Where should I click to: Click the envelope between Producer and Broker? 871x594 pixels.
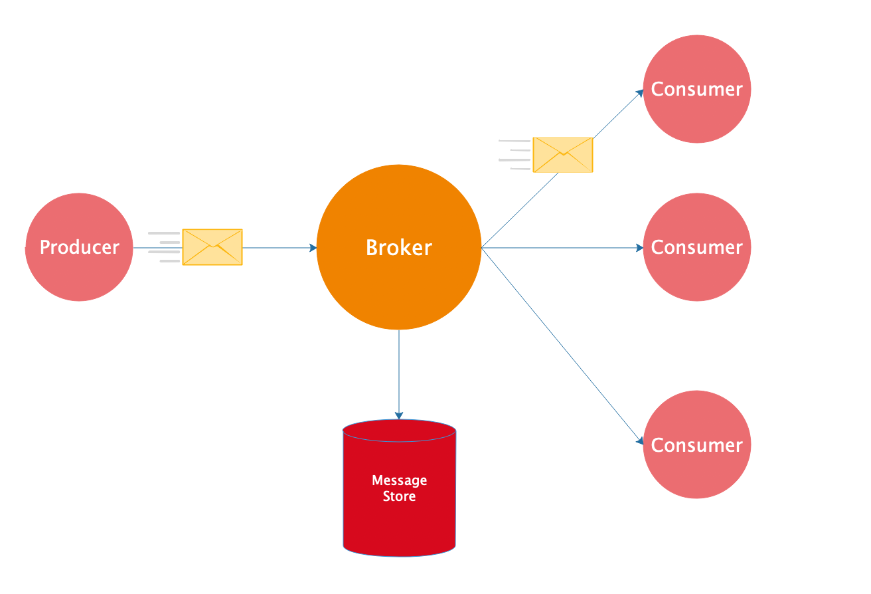[x=212, y=247]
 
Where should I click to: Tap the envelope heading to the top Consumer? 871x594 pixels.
[x=563, y=155]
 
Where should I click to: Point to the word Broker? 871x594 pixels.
[x=399, y=248]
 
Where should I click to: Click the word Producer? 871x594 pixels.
[x=80, y=247]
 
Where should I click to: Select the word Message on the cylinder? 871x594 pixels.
[x=399, y=480]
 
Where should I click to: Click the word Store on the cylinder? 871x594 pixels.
[x=399, y=496]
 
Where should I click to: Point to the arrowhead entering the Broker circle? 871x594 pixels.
[x=313, y=248]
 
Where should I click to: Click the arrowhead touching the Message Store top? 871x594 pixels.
[x=399, y=415]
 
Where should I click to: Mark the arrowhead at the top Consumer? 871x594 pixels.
[x=640, y=92]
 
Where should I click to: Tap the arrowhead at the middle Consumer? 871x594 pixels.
[x=640, y=248]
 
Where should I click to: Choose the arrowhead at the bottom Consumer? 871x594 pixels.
[x=640, y=441]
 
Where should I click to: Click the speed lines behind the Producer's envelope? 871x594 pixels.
[x=164, y=247]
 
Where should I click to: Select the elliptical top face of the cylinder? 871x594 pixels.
[x=399, y=430]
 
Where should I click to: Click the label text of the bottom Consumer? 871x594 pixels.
[x=697, y=445]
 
